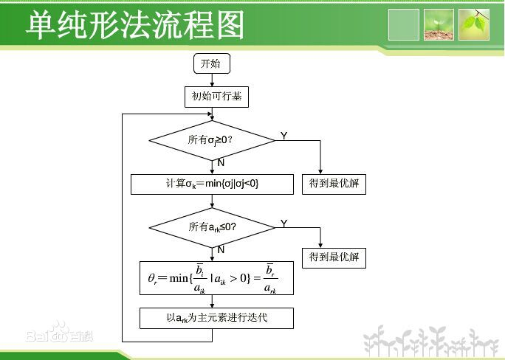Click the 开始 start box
(212, 63)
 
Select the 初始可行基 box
(216, 97)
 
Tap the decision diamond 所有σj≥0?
(212, 140)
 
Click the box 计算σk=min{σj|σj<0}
(212, 184)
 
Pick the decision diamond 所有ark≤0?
(212, 228)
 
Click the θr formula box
(216, 278)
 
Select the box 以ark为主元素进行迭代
(216, 318)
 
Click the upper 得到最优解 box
(334, 184)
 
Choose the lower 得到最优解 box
(334, 257)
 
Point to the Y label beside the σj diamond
(284, 136)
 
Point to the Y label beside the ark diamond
(284, 224)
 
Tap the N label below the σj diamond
(221, 162)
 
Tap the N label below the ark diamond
(221, 249)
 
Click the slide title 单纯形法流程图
(135, 25)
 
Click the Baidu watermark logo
(59, 332)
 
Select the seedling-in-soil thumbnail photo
(439, 25)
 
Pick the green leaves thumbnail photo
(474, 25)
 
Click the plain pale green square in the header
(404, 25)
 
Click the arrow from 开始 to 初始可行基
(212, 80)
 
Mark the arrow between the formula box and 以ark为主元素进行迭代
(212, 302)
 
